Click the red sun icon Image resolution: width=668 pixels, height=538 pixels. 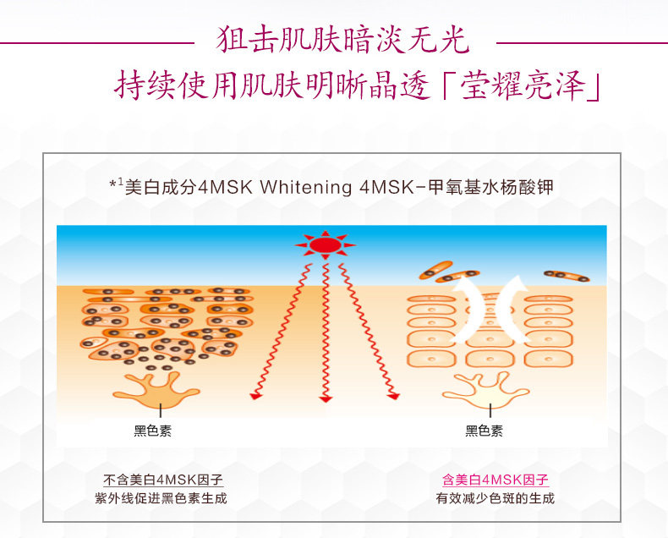(x=325, y=245)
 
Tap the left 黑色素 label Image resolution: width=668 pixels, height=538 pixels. (x=152, y=431)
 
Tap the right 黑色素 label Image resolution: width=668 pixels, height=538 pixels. (x=484, y=431)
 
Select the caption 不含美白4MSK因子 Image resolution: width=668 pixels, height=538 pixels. (x=163, y=480)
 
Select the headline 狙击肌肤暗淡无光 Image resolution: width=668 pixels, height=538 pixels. (x=342, y=40)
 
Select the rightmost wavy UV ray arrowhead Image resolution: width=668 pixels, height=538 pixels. (x=393, y=396)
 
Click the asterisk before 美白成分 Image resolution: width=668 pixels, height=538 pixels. (x=112, y=185)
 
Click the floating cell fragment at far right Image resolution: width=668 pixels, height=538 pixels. (x=566, y=276)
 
